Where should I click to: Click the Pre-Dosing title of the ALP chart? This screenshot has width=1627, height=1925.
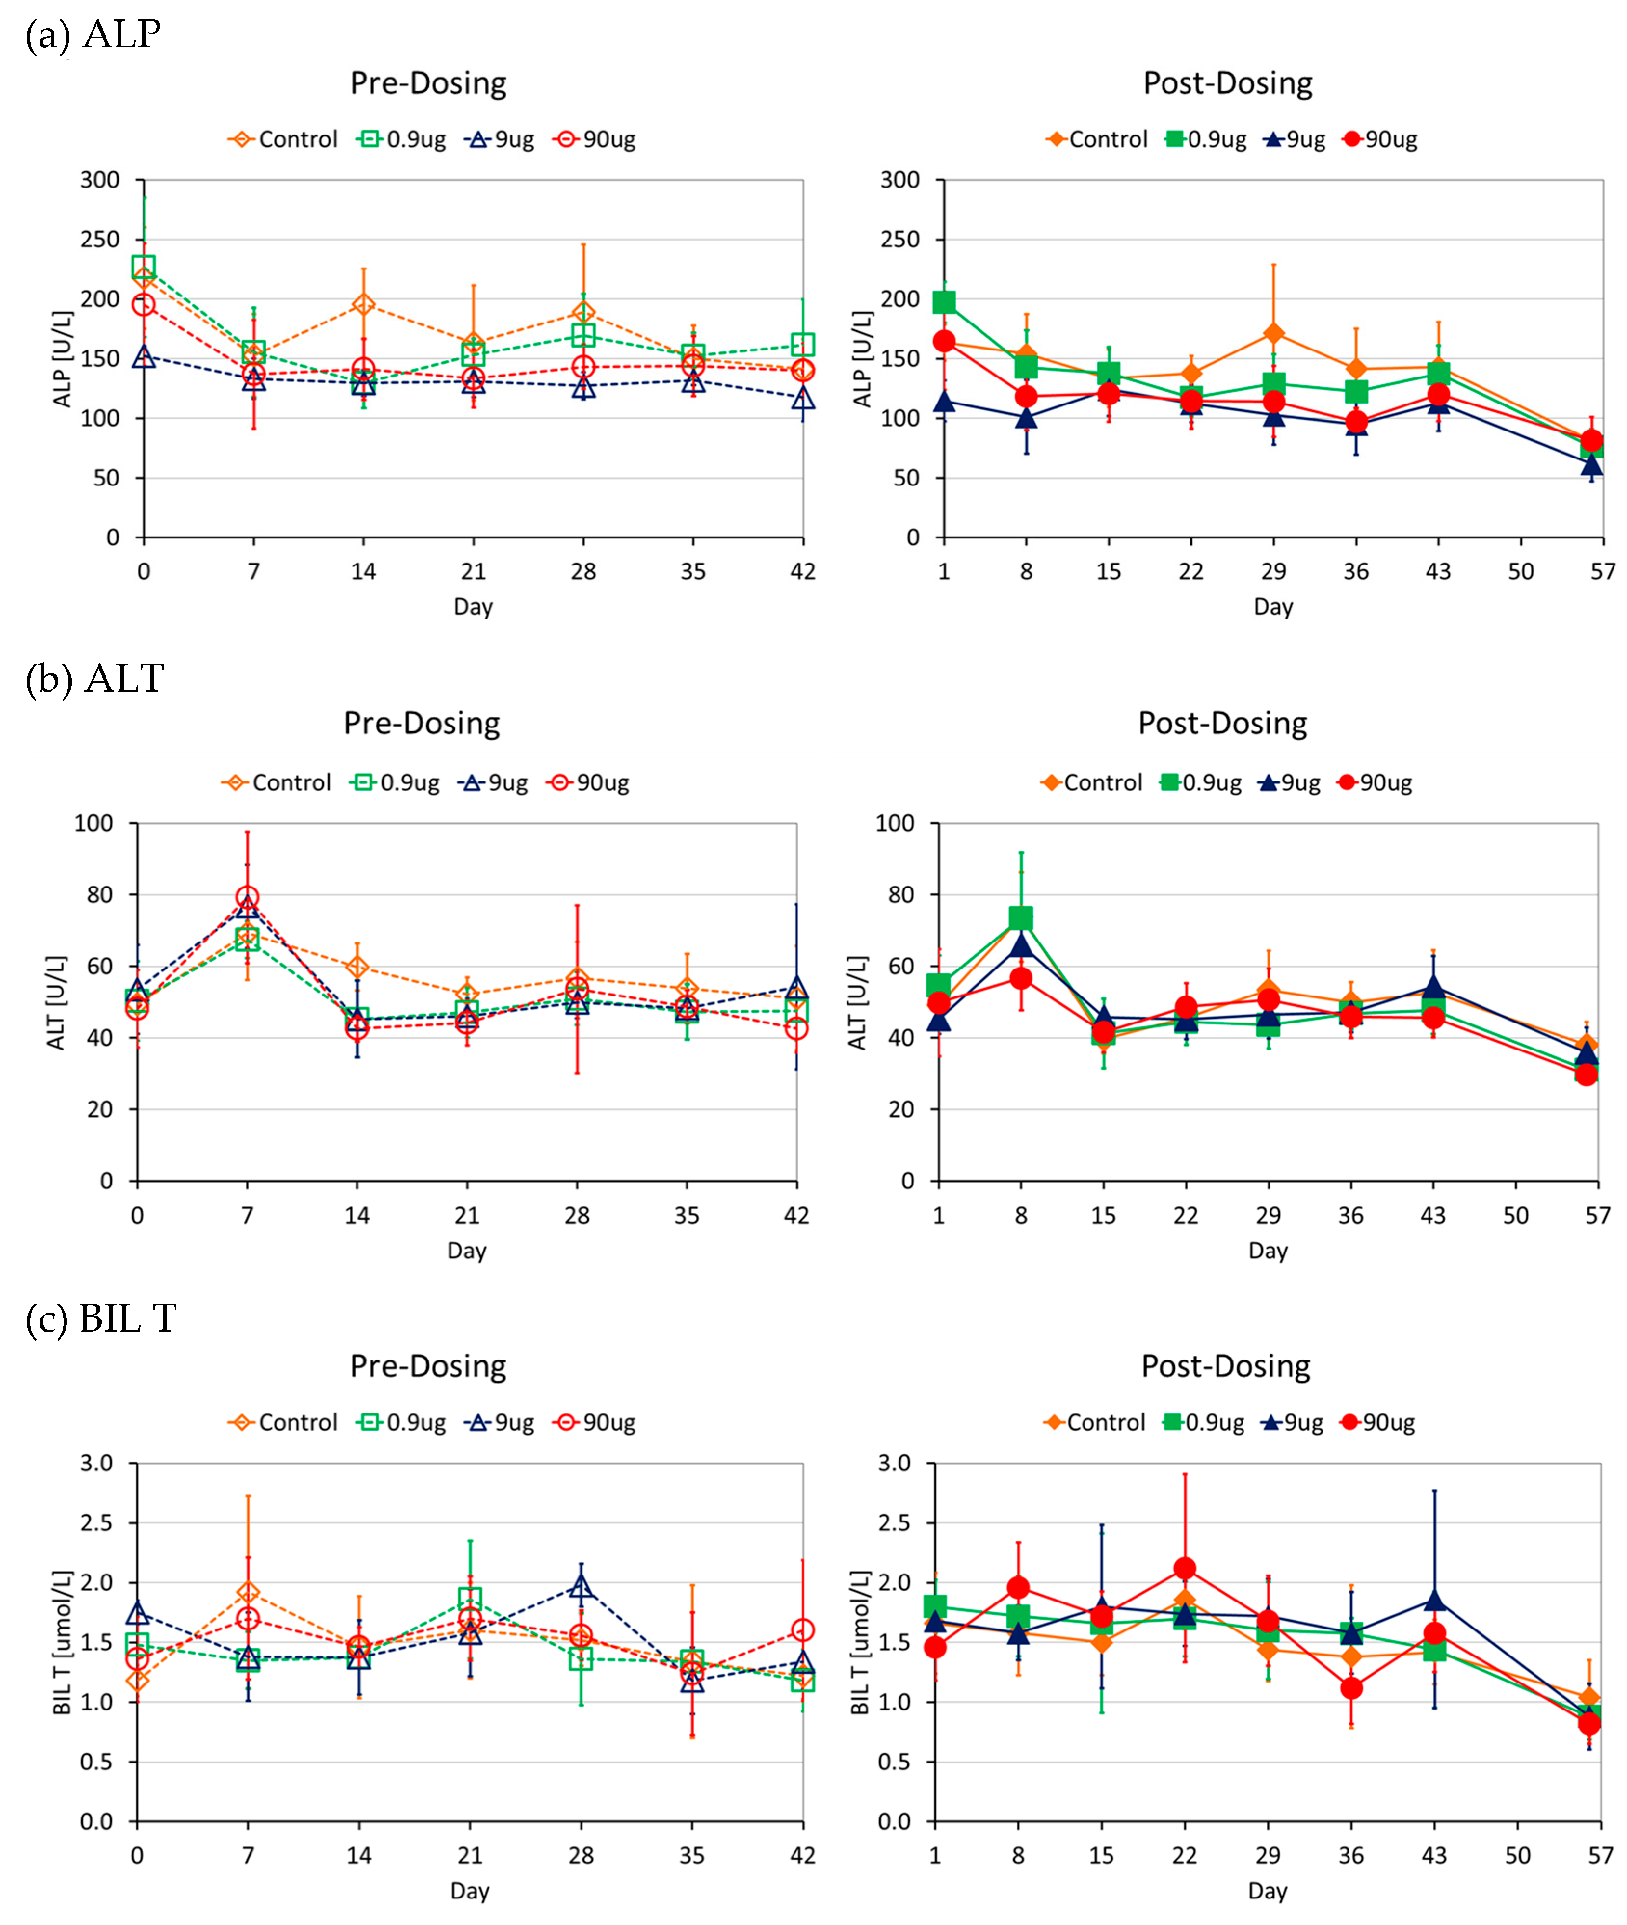pyautogui.click(x=428, y=83)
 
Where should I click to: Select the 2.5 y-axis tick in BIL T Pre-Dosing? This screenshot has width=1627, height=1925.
pyautogui.click(x=96, y=1522)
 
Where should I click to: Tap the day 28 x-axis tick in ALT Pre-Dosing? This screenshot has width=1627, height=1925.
pyautogui.click(x=577, y=1215)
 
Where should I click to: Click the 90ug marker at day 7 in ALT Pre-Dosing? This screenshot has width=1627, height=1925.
pyautogui.click(x=247, y=897)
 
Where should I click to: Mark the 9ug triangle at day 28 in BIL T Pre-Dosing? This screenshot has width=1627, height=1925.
pyautogui.click(x=581, y=1586)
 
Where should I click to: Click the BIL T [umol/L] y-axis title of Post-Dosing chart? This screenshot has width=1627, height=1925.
pyautogui.click(x=860, y=1642)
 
